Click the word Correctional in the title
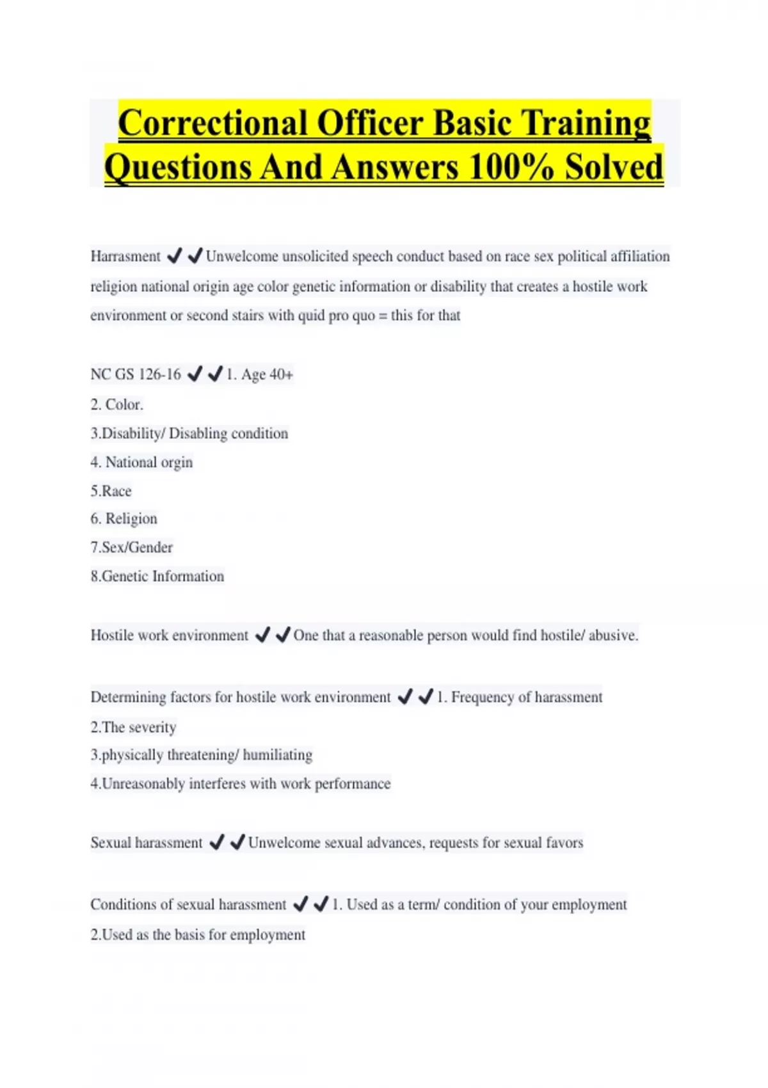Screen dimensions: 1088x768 [x=212, y=124]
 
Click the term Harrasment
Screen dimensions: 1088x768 [x=125, y=257]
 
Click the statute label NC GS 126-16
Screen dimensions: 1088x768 [x=136, y=374]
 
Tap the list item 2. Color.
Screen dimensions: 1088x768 [x=117, y=404]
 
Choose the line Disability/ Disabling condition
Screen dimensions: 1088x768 [x=189, y=433]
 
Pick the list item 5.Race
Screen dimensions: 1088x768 [x=111, y=491]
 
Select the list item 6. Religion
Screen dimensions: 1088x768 [x=124, y=518]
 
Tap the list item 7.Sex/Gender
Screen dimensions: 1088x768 [x=132, y=547]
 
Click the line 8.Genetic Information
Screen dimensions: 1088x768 [x=157, y=576]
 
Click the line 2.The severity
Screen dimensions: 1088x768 [x=133, y=727]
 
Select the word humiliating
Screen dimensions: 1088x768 [x=278, y=755]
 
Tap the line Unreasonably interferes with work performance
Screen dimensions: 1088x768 [x=241, y=783]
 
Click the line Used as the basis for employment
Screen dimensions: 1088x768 [x=198, y=934]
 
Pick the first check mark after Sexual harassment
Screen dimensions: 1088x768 [x=217, y=842]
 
